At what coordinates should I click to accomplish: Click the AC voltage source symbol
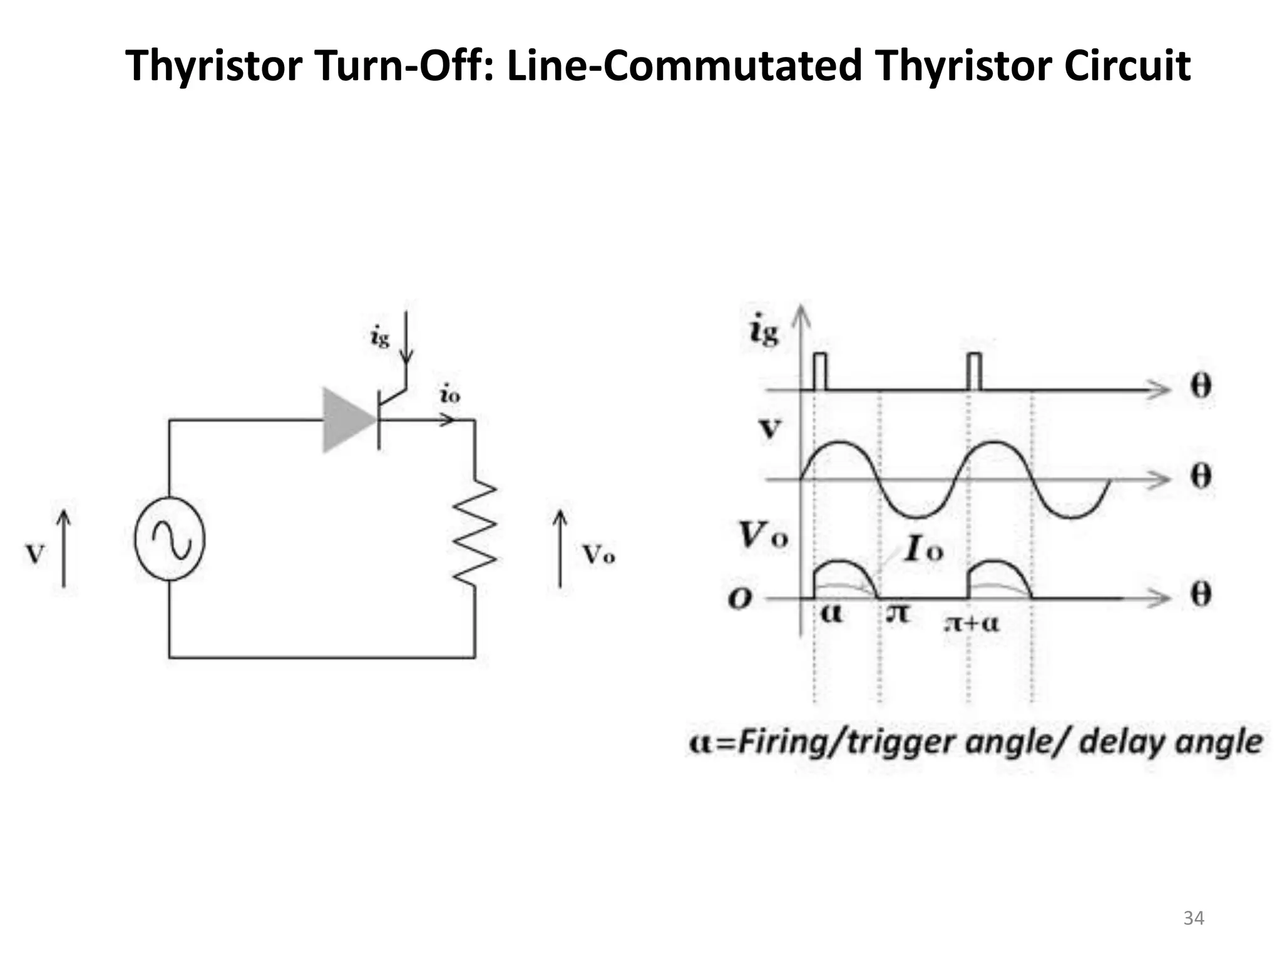pyautogui.click(x=170, y=539)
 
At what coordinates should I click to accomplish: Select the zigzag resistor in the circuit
pyautogui.click(x=475, y=532)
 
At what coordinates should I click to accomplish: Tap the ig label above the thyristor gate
pyautogui.click(x=380, y=338)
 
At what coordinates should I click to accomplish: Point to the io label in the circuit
pyautogui.click(x=450, y=395)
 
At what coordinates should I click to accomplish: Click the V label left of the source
pyautogui.click(x=35, y=554)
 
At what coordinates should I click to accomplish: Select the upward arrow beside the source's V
pyautogui.click(x=64, y=549)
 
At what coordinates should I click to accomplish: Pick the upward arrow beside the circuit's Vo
pyautogui.click(x=560, y=549)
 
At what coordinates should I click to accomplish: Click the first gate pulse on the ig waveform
pyautogui.click(x=819, y=371)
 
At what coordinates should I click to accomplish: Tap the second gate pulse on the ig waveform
pyautogui.click(x=975, y=371)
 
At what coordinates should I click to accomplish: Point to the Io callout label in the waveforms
pyautogui.click(x=923, y=551)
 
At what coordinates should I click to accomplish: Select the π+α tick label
pyautogui.click(x=972, y=623)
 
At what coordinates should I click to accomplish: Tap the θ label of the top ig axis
pyautogui.click(x=1200, y=387)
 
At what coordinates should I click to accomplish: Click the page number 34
pyautogui.click(x=1194, y=918)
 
